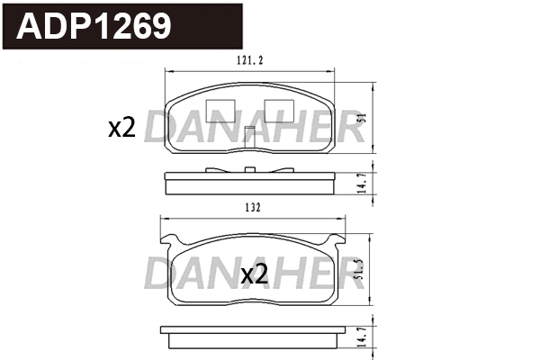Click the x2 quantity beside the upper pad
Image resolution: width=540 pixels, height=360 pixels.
[121, 129]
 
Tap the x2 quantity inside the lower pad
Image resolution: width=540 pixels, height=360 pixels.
[255, 275]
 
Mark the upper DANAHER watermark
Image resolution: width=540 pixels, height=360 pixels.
[254, 129]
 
